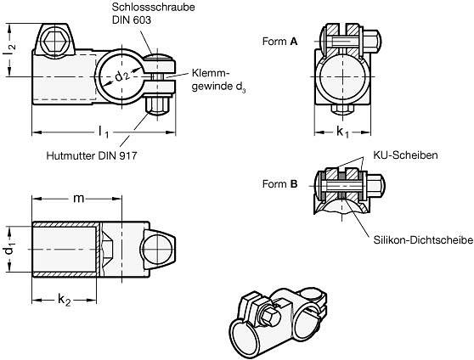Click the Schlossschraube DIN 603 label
point(153,13)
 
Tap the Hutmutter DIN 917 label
point(92,155)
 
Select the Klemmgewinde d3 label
point(218,80)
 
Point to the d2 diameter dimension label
point(122,76)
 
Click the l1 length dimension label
point(104,132)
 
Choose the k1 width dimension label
point(342,132)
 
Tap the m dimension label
point(79,199)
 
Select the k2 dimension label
point(65,300)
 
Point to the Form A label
point(280,42)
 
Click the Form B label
point(280,183)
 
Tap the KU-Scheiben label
point(405,155)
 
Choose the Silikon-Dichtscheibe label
point(423,240)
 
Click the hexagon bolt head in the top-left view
point(55,42)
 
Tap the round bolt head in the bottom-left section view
point(157,250)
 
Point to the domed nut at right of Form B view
point(375,184)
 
